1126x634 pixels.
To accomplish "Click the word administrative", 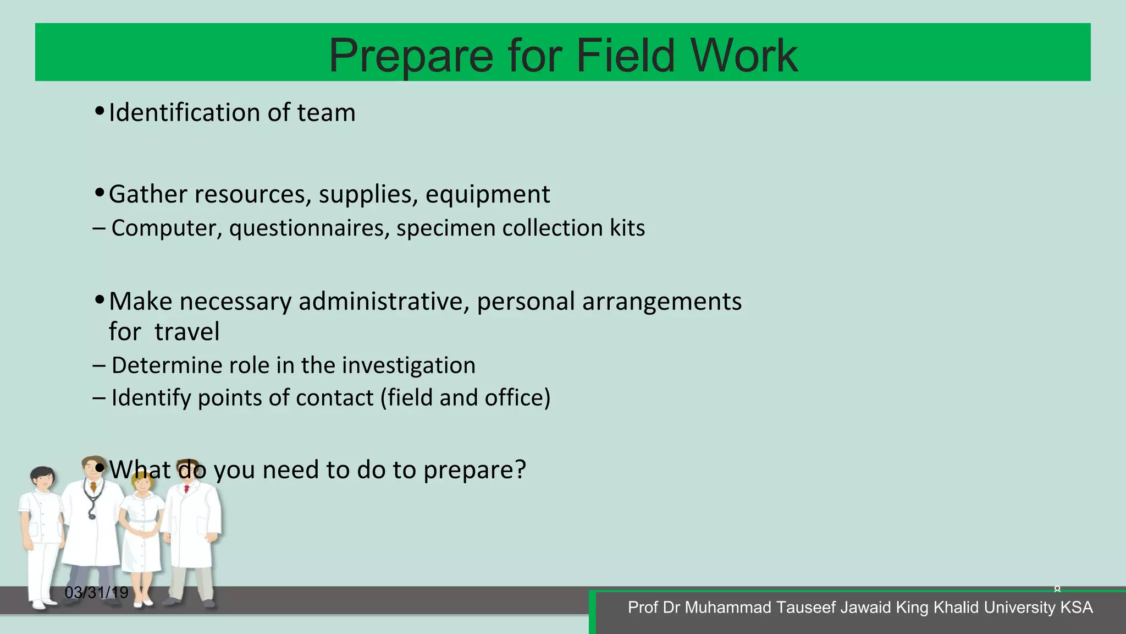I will [x=384, y=302].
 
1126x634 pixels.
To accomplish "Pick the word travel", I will [x=187, y=332].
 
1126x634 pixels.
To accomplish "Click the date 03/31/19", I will [x=96, y=593].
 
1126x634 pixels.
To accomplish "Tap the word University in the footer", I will [x=1020, y=608].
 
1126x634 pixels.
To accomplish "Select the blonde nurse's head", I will [x=142, y=483].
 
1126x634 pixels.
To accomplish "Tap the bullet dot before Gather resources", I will [x=100, y=193].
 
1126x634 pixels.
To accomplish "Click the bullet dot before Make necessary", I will [x=100, y=300].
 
